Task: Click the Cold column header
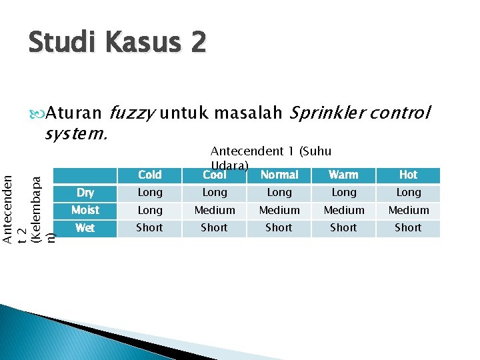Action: click(x=149, y=175)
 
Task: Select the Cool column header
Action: click(x=214, y=175)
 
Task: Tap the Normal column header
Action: click(x=279, y=175)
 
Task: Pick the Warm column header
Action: click(x=343, y=175)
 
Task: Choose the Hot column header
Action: click(x=408, y=175)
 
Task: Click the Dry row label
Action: click(x=85, y=193)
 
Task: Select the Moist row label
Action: click(x=85, y=210)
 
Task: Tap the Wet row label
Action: click(x=85, y=228)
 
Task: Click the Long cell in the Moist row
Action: click(x=149, y=210)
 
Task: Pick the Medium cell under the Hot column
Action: click(x=408, y=210)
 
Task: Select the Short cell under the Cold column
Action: click(x=149, y=228)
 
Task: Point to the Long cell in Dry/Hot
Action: click(x=408, y=193)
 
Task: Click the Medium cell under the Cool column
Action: click(x=214, y=210)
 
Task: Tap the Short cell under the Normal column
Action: click(x=279, y=228)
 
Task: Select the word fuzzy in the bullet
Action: click(x=131, y=113)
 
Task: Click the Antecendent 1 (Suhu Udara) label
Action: click(x=270, y=157)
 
